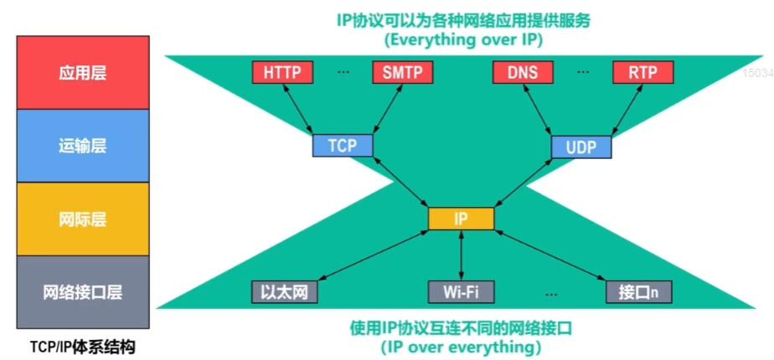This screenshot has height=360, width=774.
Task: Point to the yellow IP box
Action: (461, 219)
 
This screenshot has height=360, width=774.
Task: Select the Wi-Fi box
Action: (461, 292)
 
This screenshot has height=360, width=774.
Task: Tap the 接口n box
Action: (639, 292)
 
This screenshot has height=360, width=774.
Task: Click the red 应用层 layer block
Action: (83, 73)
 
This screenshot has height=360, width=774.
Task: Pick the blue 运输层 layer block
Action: (83, 146)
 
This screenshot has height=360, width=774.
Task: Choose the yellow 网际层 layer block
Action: (83, 219)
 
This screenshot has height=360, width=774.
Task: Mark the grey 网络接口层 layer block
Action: (83, 292)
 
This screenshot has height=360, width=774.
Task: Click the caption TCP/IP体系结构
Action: (82, 346)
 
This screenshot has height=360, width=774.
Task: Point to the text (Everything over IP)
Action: (460, 39)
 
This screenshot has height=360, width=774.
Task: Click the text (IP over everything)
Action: (460, 345)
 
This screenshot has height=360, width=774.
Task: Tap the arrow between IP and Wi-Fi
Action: (461, 255)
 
